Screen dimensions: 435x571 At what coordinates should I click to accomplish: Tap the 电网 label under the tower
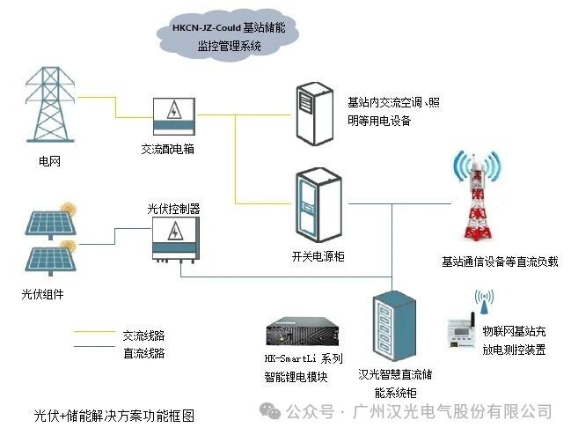(50, 161)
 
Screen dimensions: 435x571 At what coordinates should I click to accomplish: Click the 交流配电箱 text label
(167, 149)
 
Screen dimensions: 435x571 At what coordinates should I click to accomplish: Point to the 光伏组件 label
(43, 293)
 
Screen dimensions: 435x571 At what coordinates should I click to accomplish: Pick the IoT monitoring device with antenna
(479, 330)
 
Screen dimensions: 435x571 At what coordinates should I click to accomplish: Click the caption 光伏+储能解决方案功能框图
(113, 414)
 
